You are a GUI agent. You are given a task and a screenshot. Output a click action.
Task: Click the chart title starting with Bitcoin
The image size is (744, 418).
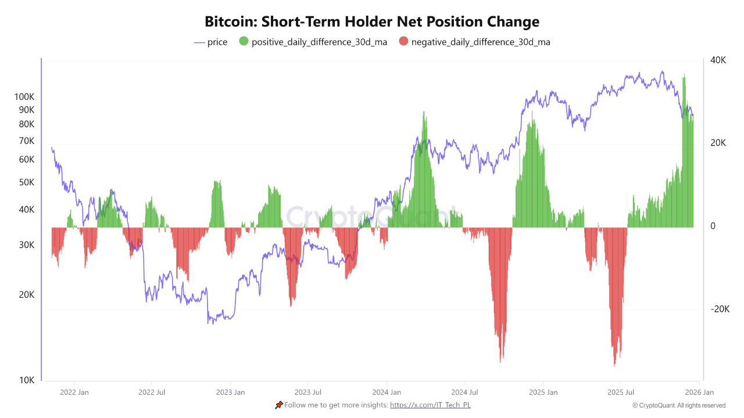coord(372,22)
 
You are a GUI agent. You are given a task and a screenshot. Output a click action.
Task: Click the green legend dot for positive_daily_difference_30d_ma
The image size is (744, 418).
coord(244,42)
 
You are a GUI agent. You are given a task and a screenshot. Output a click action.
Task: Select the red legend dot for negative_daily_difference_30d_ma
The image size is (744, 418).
coord(403,42)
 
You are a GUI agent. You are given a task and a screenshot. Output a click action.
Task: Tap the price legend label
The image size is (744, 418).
coord(217,42)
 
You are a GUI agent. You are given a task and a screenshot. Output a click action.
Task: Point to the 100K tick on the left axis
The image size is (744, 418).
coord(24,97)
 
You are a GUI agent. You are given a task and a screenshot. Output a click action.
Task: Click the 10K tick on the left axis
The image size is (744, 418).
coord(27,380)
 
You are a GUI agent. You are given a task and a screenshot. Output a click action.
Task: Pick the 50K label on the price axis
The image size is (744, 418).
coord(27,182)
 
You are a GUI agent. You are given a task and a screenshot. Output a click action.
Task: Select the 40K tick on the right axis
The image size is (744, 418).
coord(718,60)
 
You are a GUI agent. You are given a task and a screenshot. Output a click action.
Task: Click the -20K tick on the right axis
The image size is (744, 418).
coord(719,309)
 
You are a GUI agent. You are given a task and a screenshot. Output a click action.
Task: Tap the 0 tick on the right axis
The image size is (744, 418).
coord(713,226)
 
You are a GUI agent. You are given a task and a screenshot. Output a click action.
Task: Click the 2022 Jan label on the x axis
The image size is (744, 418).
coord(74,392)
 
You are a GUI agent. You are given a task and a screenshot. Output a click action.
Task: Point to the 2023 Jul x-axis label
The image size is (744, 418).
coord(308,392)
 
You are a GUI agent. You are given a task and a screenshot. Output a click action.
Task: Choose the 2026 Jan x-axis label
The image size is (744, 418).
coord(699,392)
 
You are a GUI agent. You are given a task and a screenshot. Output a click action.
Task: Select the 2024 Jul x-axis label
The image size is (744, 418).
coord(464,392)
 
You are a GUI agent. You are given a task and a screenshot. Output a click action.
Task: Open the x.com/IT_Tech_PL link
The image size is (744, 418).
coord(430,405)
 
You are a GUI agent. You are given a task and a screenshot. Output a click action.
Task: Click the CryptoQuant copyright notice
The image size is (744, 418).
coord(678,405)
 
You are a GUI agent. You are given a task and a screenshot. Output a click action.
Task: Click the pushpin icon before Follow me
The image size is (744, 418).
coord(279,405)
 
